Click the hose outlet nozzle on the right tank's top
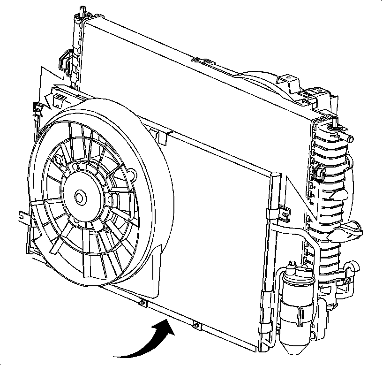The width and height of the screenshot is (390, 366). pos(349,137)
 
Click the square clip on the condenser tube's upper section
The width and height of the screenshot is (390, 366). pos(285,214)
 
